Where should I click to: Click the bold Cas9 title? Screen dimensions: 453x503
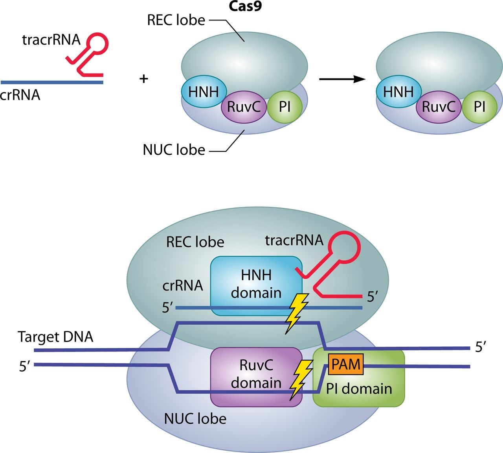tap(245, 6)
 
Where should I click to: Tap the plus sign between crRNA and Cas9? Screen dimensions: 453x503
tap(144, 79)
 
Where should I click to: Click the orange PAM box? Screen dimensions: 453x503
tap(346, 364)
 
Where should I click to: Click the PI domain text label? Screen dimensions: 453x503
tap(359, 389)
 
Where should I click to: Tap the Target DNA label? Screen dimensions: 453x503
tap(55, 337)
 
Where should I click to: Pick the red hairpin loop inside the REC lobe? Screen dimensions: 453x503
tap(345, 248)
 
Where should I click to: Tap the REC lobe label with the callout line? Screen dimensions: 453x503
tap(176, 20)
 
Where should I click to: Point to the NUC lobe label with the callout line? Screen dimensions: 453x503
tap(174, 150)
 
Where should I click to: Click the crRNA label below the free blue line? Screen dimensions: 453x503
tap(20, 95)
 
